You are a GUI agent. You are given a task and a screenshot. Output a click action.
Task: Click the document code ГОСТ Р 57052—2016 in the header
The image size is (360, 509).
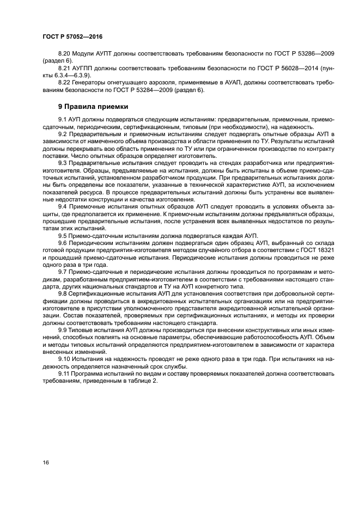(72, 36)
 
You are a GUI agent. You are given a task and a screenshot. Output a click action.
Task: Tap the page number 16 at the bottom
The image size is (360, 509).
(46, 462)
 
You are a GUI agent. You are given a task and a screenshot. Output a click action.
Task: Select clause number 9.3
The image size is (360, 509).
(63, 162)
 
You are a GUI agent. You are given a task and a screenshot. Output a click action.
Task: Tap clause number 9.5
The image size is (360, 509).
(63, 235)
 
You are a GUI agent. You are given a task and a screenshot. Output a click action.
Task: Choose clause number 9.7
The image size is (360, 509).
(63, 270)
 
